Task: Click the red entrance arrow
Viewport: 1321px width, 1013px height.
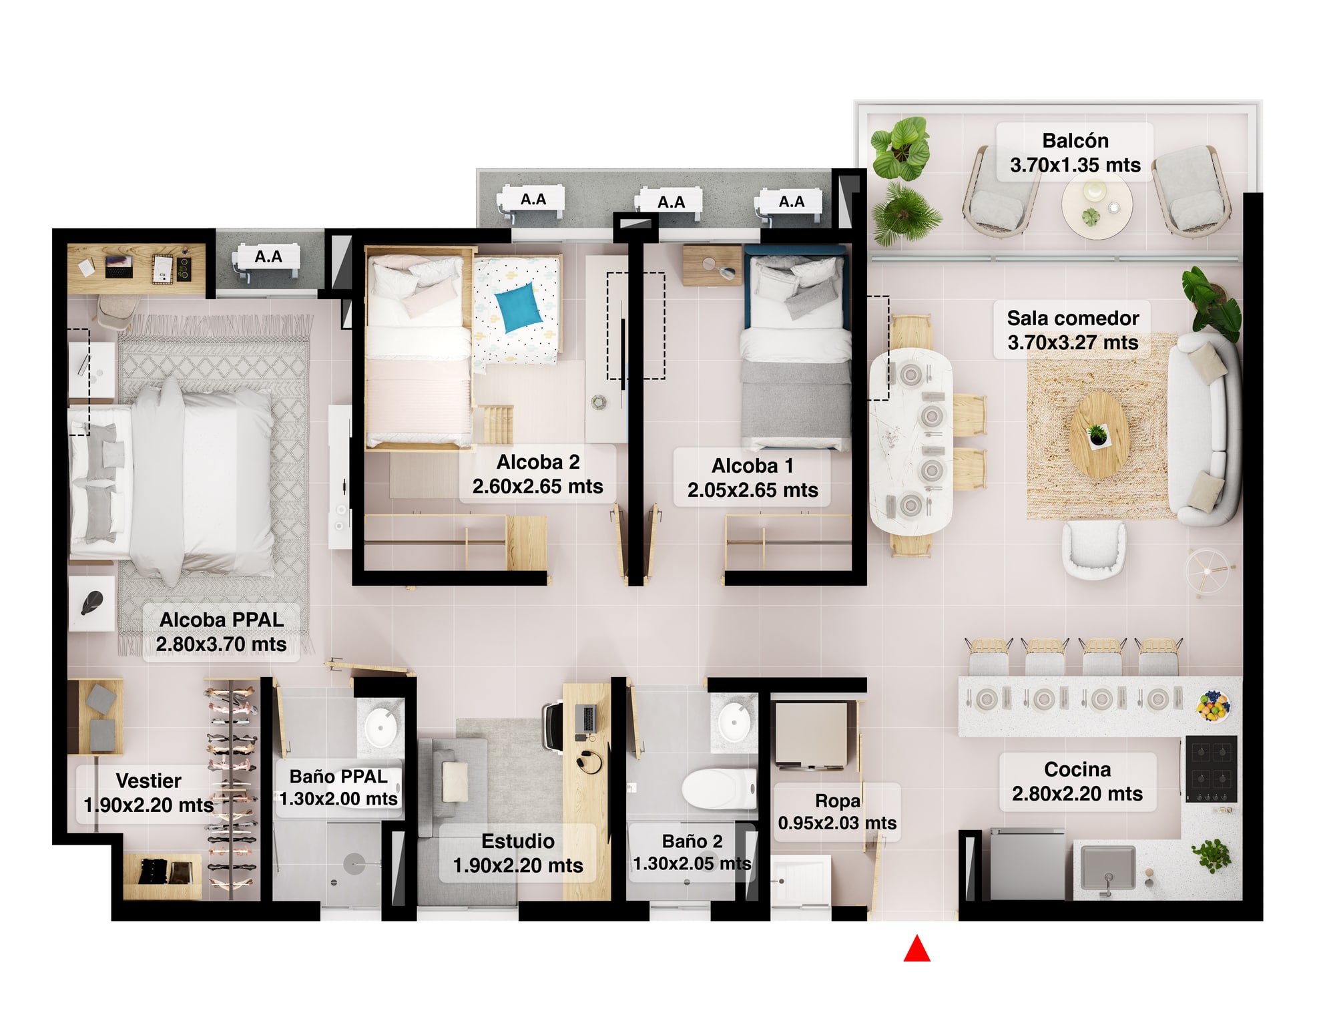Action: (x=916, y=950)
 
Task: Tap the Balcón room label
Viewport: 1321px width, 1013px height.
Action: (x=1075, y=152)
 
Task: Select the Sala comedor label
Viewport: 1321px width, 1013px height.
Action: (x=1073, y=330)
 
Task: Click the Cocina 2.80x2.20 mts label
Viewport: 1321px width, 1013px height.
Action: (x=1077, y=781)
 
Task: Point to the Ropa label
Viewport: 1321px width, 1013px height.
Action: (x=837, y=811)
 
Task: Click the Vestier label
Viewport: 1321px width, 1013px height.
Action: (x=148, y=793)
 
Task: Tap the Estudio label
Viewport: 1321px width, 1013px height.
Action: (x=518, y=853)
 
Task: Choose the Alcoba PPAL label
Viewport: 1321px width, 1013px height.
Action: (x=221, y=632)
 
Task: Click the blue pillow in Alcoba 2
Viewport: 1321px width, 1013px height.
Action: (x=518, y=307)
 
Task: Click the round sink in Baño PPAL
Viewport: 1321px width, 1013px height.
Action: (x=382, y=725)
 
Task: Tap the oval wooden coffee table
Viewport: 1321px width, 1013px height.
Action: (x=1099, y=434)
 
